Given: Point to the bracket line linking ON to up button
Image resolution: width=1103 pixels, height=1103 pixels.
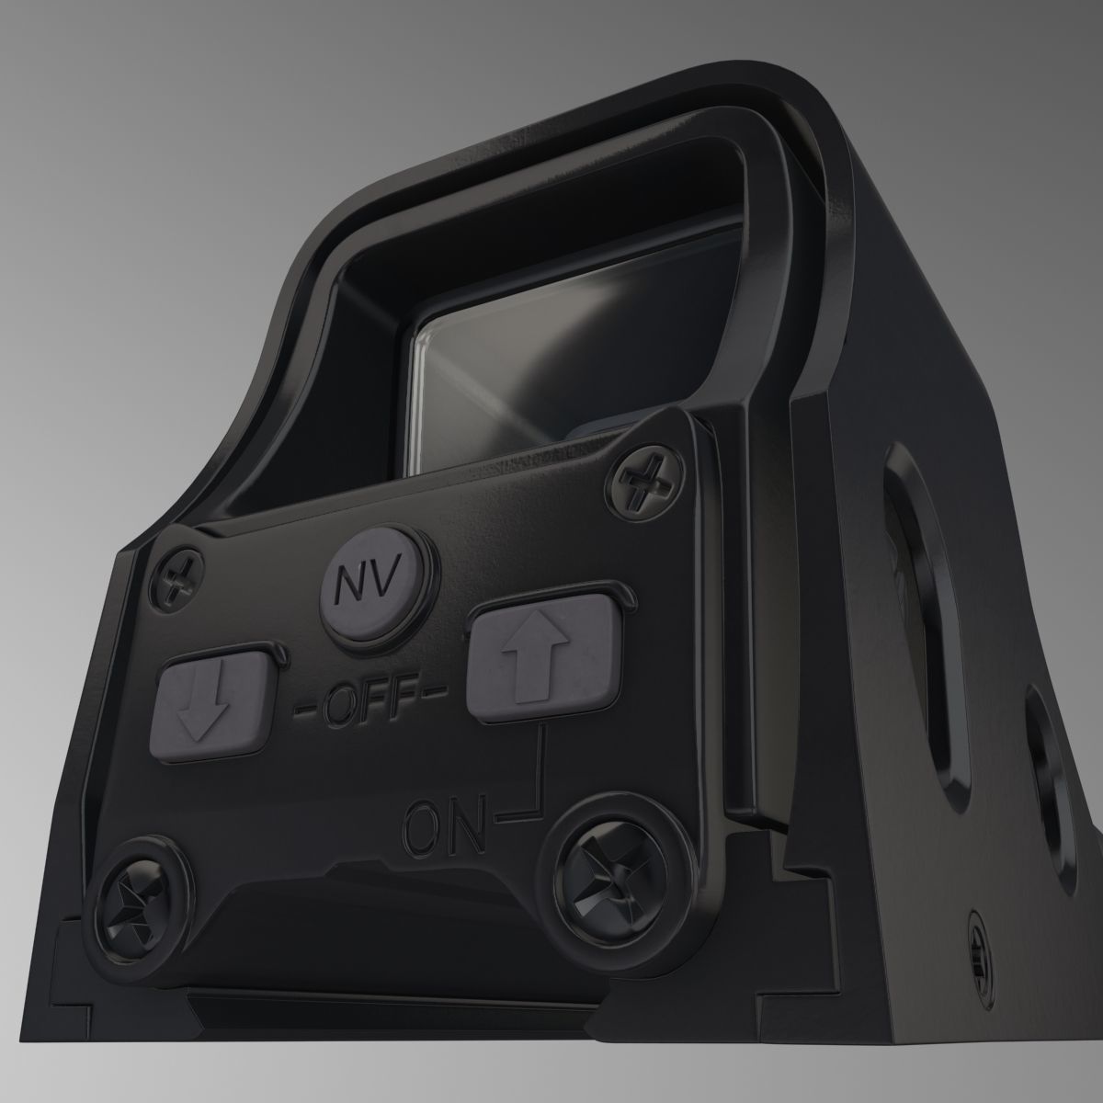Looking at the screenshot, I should click(x=538, y=781).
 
